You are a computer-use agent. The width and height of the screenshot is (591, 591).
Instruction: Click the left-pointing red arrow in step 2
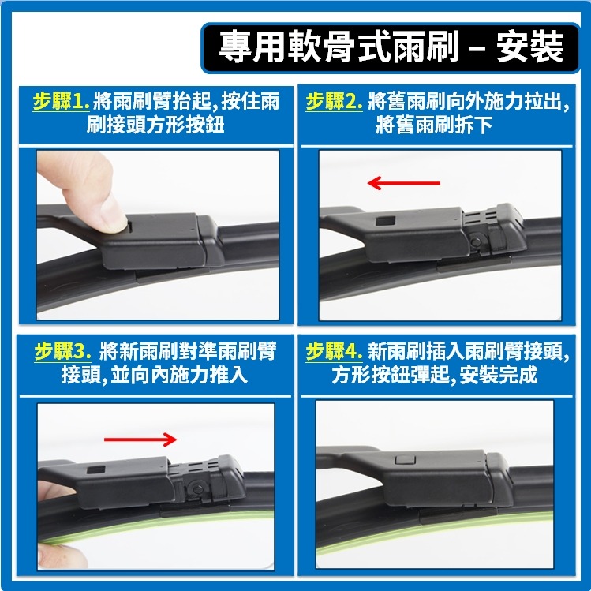[x=403, y=184]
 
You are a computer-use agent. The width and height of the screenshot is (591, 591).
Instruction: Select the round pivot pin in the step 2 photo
[x=477, y=241]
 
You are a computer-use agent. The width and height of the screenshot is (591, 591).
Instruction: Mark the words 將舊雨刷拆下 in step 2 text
[x=434, y=125]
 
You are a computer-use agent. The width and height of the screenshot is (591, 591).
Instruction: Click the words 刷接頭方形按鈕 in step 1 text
[x=155, y=125]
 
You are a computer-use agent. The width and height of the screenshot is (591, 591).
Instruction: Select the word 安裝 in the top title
[x=530, y=47]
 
